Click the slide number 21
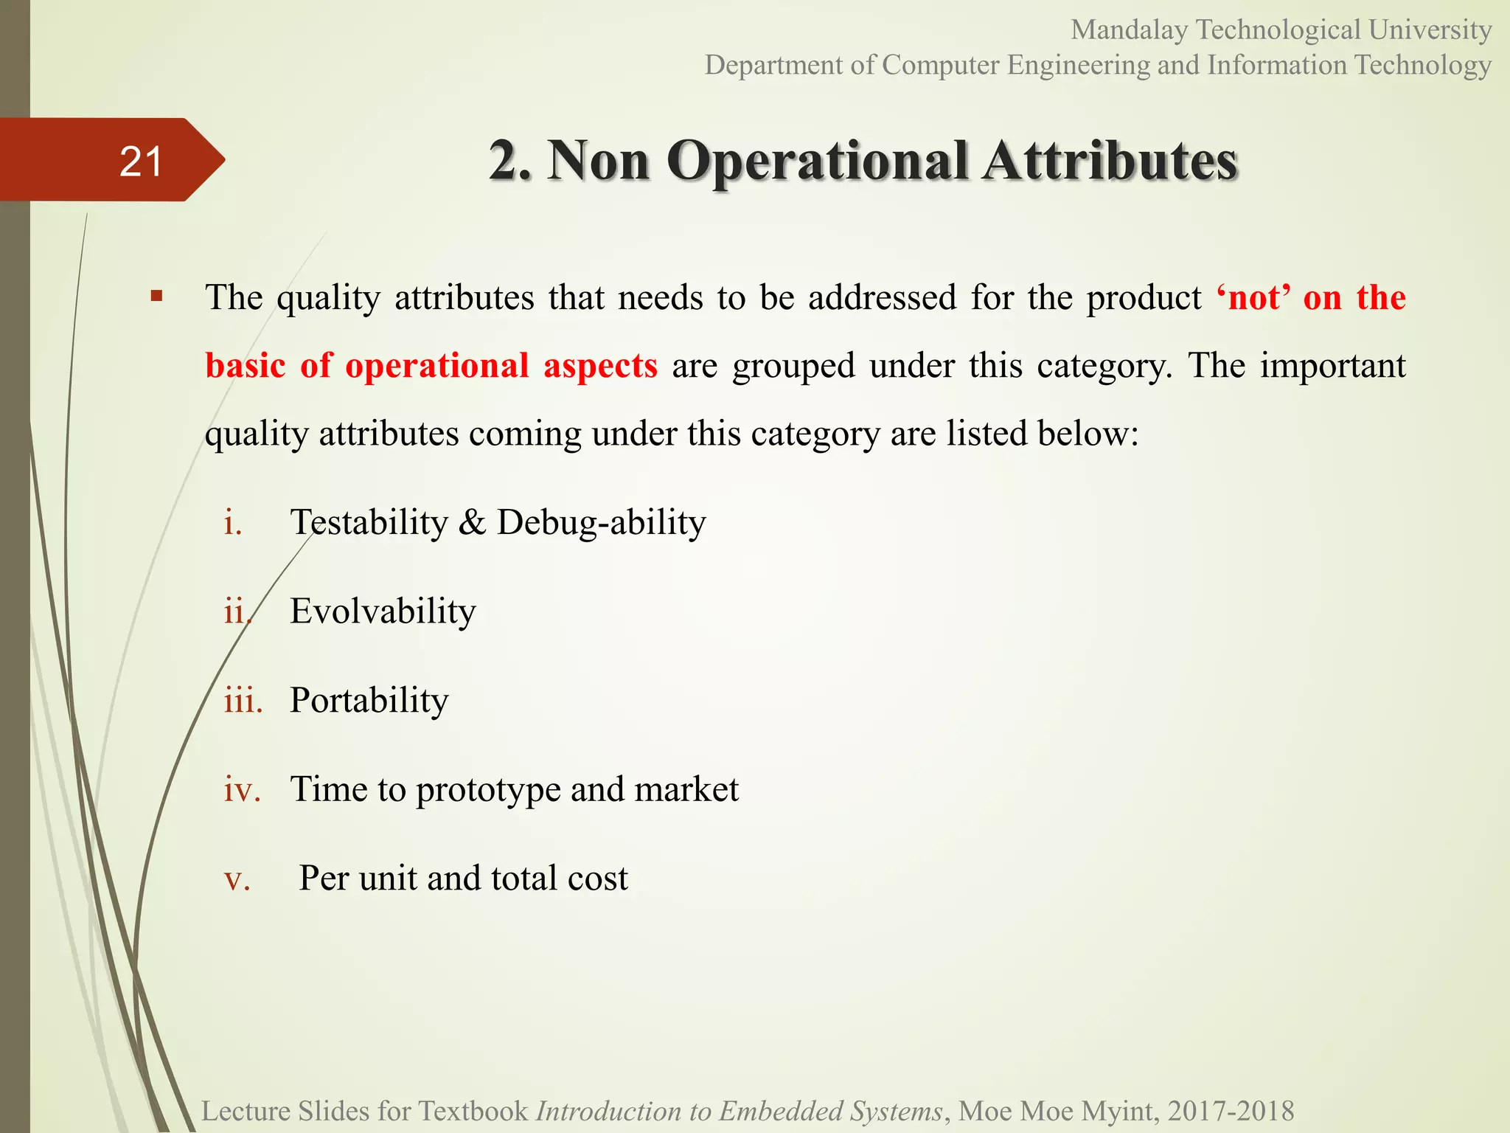pyautogui.click(x=140, y=162)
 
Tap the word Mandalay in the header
pyautogui.click(x=1129, y=30)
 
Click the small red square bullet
pyautogui.click(x=156, y=297)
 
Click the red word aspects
pyautogui.click(x=600, y=366)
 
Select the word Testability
pyautogui.click(x=369, y=523)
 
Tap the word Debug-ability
pyautogui.click(x=602, y=523)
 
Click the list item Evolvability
pyautogui.click(x=383, y=611)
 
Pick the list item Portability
pyautogui.click(x=369, y=701)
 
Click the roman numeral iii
pyautogui.click(x=243, y=701)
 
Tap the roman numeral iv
pyautogui.click(x=243, y=790)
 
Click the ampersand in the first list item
pyautogui.click(x=473, y=523)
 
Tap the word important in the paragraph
pyautogui.click(x=1332, y=366)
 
